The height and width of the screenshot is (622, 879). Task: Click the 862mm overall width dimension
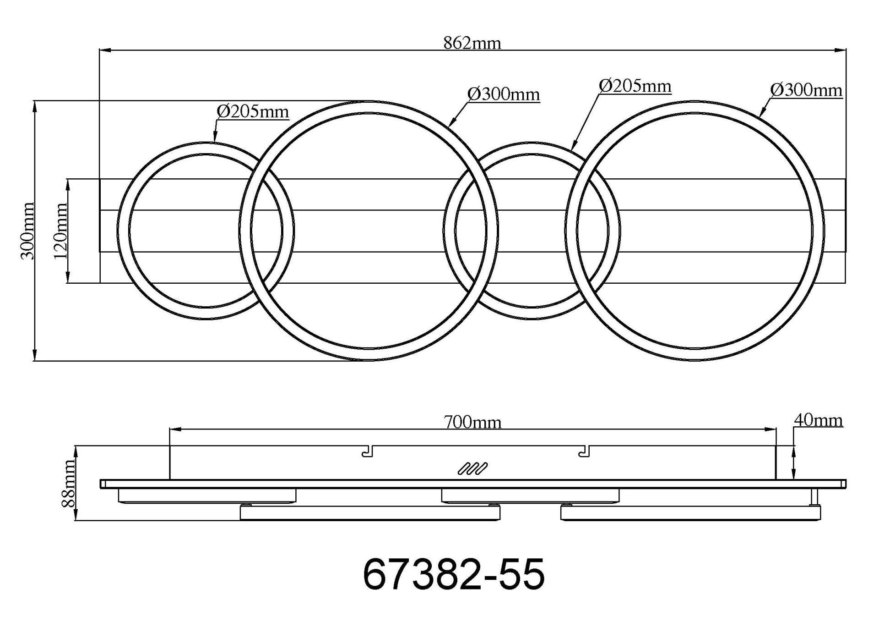click(x=472, y=43)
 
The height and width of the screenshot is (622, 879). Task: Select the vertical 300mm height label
click(x=28, y=231)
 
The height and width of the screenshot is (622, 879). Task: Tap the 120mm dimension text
click(x=61, y=231)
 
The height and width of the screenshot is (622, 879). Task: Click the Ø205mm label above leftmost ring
click(x=253, y=111)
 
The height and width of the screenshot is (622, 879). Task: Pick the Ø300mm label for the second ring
click(x=504, y=94)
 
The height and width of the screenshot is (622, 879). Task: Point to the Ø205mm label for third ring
click(x=635, y=86)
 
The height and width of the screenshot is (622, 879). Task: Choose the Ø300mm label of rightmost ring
click(x=806, y=90)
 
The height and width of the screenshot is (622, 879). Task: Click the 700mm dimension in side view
click(x=472, y=422)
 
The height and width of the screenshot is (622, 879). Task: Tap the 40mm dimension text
click(x=818, y=420)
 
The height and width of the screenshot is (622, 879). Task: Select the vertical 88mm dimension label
click(x=68, y=484)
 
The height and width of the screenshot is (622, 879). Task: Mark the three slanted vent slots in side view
click(x=472, y=469)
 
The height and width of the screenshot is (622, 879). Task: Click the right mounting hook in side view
click(x=584, y=451)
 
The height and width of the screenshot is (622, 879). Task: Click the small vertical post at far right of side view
click(x=815, y=497)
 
